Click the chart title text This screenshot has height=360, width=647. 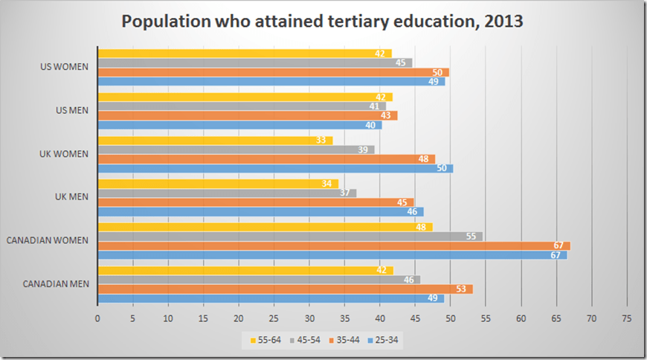click(323, 22)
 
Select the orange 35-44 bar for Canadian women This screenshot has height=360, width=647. click(333, 245)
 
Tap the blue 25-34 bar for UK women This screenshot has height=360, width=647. click(275, 168)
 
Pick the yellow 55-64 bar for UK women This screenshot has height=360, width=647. click(215, 140)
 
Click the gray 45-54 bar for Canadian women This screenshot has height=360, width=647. click(290, 236)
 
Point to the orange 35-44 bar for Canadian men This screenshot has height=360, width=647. click(285, 289)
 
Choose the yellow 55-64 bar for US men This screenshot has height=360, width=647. click(245, 97)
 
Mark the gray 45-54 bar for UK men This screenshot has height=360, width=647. click(227, 193)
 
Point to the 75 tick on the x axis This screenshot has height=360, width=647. click(627, 318)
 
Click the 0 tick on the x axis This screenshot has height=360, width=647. click(97, 318)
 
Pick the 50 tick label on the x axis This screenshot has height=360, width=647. click(451, 318)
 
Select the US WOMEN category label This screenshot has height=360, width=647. click(65, 67)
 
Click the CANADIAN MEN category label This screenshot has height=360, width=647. click(56, 283)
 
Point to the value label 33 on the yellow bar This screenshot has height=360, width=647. click(321, 140)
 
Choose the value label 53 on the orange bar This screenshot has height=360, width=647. click(462, 289)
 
